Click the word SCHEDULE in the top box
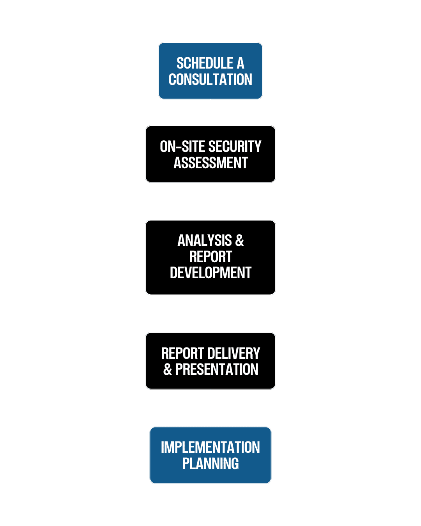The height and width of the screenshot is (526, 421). tap(205, 63)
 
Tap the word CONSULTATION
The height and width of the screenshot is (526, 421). tap(210, 79)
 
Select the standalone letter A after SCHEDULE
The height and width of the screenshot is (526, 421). tap(240, 63)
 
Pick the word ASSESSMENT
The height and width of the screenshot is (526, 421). tap(210, 163)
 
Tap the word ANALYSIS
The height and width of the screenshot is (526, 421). tap(205, 241)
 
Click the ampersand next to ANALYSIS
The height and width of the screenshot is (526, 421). tap(239, 241)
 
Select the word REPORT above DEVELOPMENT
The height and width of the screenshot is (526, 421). tap(210, 257)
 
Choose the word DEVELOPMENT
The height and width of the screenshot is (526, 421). tap(210, 273)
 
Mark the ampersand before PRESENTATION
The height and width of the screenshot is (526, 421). tap(168, 369)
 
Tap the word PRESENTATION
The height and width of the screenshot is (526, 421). tap(217, 369)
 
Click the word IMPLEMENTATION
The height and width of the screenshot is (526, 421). tap(210, 447)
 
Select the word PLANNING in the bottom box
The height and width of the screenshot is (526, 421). tap(210, 464)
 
